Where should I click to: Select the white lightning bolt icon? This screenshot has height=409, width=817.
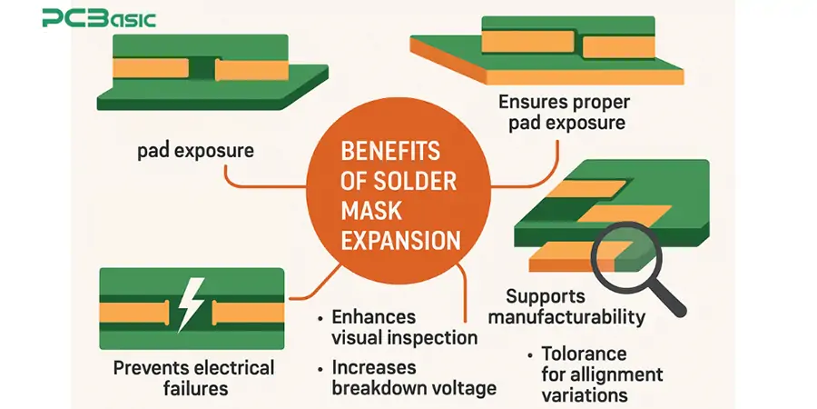click(191, 304)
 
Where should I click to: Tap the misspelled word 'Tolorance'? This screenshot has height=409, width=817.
click(584, 354)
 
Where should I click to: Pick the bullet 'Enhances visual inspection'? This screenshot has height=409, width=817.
click(404, 327)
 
